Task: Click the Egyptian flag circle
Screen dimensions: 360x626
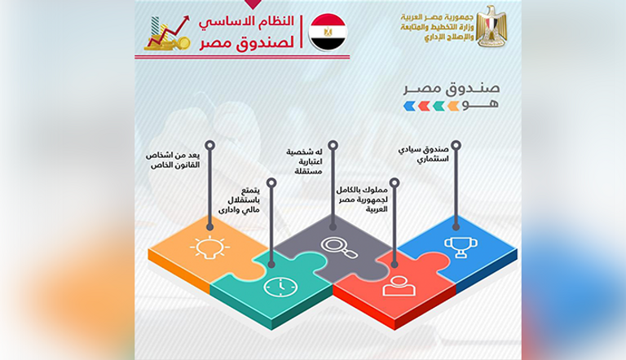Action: [x=328, y=33]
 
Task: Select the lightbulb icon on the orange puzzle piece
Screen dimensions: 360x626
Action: [x=204, y=248]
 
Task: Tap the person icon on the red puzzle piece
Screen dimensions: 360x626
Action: [x=397, y=285]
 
